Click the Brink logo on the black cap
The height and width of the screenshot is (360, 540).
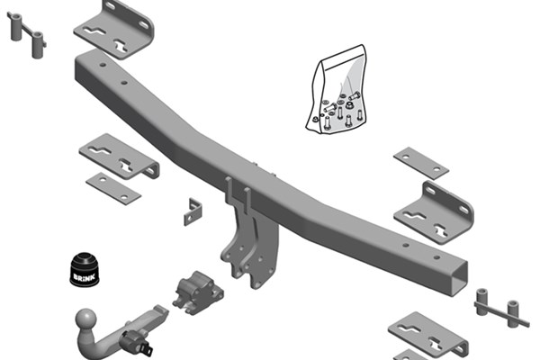[84, 277]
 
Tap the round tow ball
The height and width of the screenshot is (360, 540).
[85, 319]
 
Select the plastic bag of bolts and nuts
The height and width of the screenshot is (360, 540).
[336, 90]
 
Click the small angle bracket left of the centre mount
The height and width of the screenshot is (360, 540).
[193, 211]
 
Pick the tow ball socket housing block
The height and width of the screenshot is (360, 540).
[198, 292]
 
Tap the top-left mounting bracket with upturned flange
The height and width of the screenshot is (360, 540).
[114, 30]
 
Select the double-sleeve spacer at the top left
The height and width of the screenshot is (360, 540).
[27, 34]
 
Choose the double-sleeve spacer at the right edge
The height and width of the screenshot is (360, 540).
[501, 308]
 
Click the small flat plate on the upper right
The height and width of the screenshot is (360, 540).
[421, 163]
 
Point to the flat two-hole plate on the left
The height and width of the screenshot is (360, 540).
[113, 189]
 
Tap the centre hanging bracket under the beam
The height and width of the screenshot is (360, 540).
[249, 238]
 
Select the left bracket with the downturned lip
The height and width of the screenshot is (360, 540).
[119, 157]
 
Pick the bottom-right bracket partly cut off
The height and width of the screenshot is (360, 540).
[428, 336]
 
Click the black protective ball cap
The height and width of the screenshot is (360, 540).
[85, 269]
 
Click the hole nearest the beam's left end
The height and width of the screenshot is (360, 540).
[103, 65]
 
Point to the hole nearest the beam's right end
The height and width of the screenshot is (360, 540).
[436, 257]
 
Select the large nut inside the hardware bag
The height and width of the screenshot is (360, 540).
[348, 104]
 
